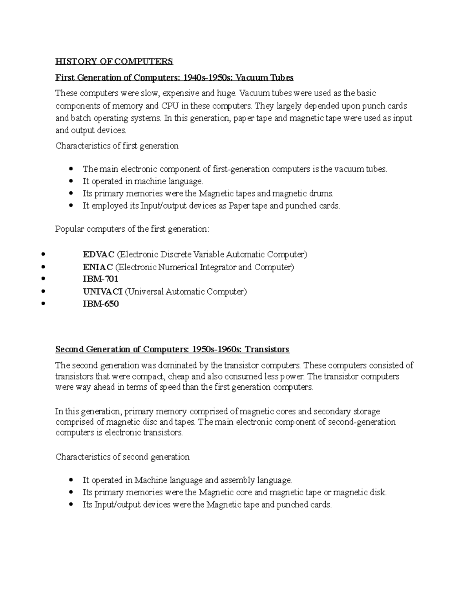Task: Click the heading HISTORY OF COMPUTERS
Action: tap(114, 61)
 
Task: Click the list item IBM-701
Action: tap(100, 279)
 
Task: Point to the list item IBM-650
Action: tap(100, 304)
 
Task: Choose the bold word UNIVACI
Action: tap(102, 291)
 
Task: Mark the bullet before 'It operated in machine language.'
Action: tap(71, 181)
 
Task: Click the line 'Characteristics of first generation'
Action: tap(117, 146)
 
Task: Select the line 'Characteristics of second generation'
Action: tap(122, 457)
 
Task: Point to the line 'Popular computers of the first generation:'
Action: tap(132, 229)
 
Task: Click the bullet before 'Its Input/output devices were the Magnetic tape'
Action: tap(71, 505)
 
